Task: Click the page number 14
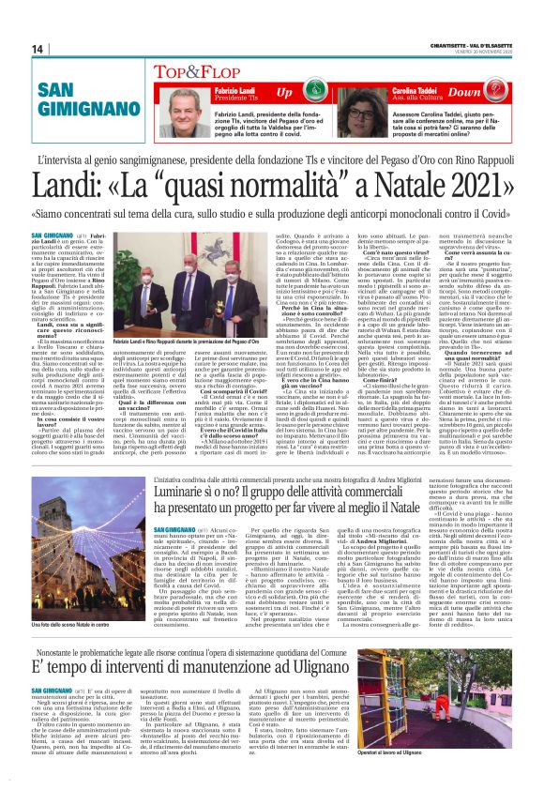pyautogui.click(x=38, y=48)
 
